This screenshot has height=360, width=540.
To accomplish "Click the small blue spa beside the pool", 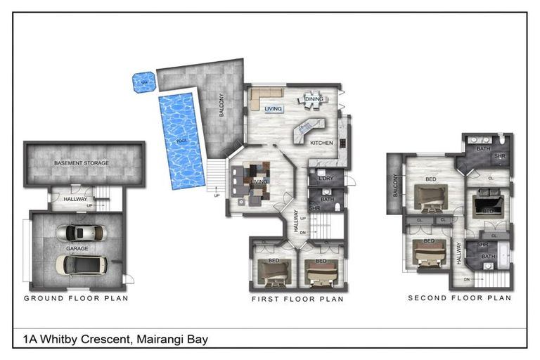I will [145, 82].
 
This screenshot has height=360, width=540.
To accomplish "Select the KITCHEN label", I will [321, 143].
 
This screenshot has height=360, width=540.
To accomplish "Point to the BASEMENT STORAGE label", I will [82, 163].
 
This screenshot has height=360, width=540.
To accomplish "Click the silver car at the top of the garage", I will [82, 233].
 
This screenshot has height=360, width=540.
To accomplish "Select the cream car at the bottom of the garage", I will [82, 264].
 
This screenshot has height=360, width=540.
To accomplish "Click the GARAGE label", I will [77, 248].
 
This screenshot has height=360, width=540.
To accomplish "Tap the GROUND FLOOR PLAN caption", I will [76, 298].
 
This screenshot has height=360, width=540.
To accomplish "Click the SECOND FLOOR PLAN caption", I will [459, 298].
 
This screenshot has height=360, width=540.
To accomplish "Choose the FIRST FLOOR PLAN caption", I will [297, 299].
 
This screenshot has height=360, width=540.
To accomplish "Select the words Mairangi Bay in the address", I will [173, 339].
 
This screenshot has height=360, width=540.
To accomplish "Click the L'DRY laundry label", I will [326, 178].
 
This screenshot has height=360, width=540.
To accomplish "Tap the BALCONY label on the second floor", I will [395, 188].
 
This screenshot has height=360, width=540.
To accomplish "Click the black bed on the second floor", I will [487, 206].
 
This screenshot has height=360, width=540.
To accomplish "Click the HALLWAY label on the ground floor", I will [75, 199].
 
